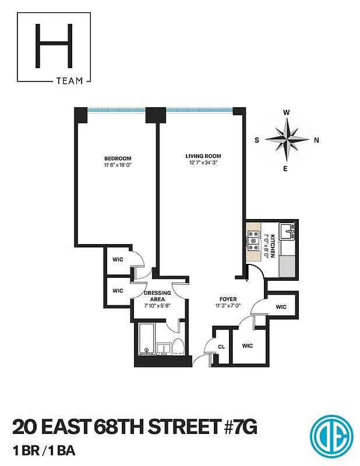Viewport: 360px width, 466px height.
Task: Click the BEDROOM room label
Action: point(118,158)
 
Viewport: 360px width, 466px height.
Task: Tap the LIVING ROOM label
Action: point(203,156)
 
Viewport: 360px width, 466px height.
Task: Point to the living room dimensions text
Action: point(203,164)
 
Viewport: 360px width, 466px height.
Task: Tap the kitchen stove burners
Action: point(254,238)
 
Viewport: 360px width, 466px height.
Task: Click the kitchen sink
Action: point(288,232)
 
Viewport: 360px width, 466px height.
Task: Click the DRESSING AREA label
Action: point(158,296)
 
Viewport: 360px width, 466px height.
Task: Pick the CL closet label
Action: point(221,346)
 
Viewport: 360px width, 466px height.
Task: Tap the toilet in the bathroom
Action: point(179,347)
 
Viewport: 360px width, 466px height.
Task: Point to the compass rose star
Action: point(287,140)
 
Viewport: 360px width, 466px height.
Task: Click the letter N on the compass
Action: point(316,140)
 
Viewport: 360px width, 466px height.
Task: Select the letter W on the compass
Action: point(287,112)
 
